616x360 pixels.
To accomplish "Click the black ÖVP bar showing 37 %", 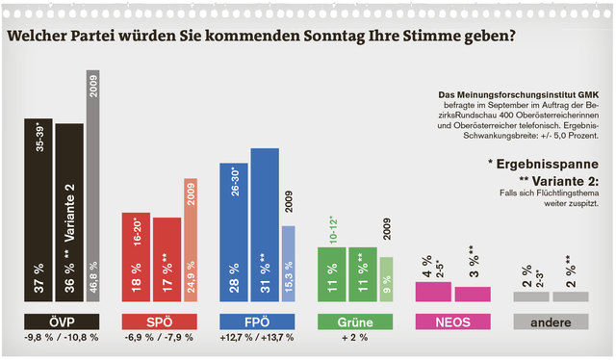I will coord(38,211).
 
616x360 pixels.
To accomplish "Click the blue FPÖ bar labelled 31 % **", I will coord(265,225).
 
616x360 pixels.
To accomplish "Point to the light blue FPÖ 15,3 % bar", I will coord(289,264).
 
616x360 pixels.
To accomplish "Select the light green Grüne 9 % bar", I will coord(386,279).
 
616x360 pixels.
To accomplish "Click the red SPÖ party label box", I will coord(159,321).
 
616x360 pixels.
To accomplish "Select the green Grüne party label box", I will coord(355,321).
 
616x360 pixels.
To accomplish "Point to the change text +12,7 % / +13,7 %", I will coord(256,340).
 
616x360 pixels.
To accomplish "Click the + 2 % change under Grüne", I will coord(355,340).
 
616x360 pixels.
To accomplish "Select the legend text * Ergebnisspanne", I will coord(543,165).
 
